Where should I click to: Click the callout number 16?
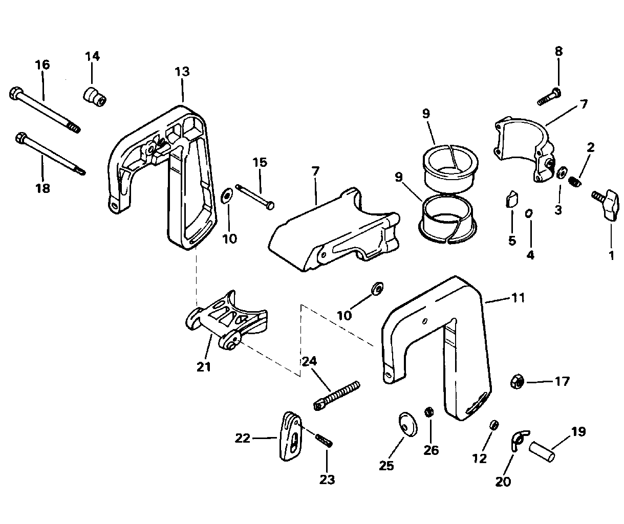tap(42, 65)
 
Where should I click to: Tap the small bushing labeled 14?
tap(94, 97)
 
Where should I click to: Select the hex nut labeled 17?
tap(517, 382)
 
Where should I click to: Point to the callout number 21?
tap(204, 366)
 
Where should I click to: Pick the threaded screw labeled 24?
tap(336, 396)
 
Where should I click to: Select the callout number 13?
tap(182, 72)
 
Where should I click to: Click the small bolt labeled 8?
tap(549, 97)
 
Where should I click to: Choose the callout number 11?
tap(518, 298)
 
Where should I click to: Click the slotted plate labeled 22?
tap(291, 436)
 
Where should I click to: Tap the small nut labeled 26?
tap(429, 412)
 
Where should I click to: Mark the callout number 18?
tap(42, 188)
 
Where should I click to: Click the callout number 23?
tap(327, 480)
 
